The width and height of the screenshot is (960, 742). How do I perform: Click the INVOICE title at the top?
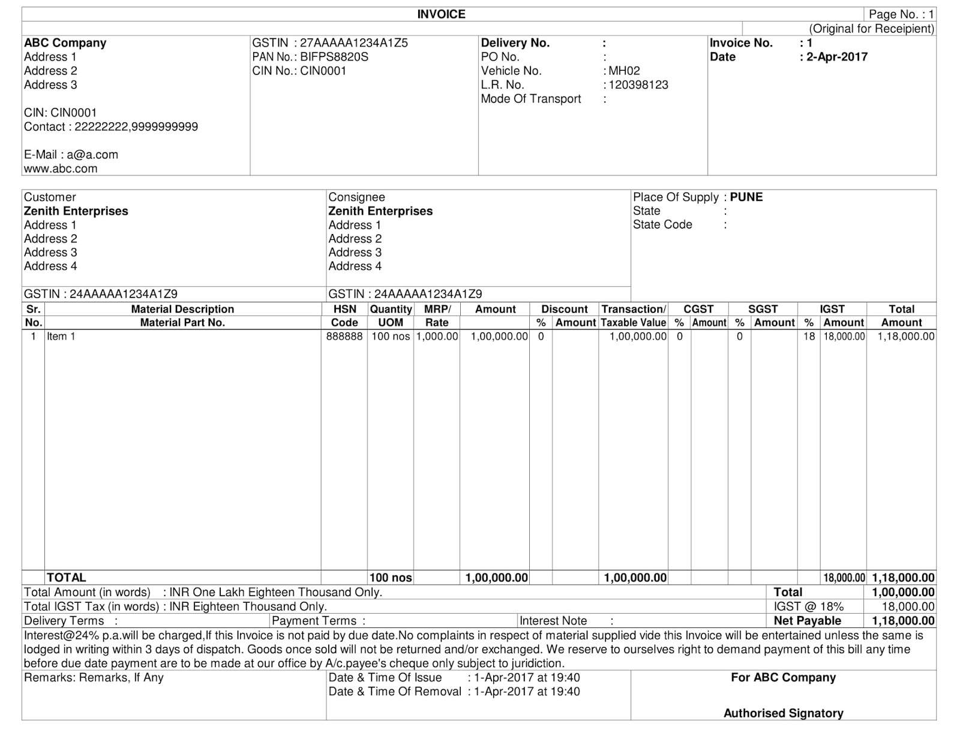[x=441, y=14]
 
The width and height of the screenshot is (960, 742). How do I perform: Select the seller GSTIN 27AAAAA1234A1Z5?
[x=354, y=43]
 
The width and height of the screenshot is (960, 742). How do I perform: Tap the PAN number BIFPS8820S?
[x=334, y=57]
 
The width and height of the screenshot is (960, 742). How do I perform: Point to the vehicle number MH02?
[x=624, y=71]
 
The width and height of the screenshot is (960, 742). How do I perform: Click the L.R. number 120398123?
[x=638, y=85]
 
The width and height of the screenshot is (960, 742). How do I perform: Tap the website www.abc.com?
[x=61, y=169]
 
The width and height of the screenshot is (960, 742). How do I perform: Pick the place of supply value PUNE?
[x=746, y=197]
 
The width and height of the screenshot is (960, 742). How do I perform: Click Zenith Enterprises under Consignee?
[x=380, y=211]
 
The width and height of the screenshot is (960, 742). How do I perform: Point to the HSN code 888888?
[x=344, y=337]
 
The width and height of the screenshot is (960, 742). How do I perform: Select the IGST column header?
[x=832, y=309]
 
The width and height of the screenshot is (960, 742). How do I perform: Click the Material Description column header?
[x=182, y=309]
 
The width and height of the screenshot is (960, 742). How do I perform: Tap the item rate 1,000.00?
[x=437, y=337]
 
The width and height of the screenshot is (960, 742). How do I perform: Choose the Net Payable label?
[x=807, y=621]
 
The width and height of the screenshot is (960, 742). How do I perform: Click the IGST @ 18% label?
[x=808, y=606]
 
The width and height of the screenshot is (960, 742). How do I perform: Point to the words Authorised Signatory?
[x=783, y=713]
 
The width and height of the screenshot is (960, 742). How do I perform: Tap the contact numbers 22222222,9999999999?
[x=136, y=127]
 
